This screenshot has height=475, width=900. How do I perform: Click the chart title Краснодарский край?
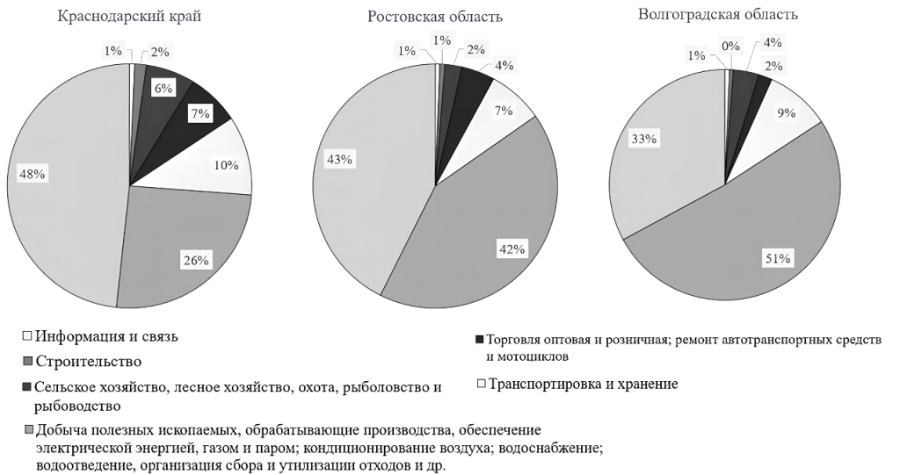(x=135, y=17)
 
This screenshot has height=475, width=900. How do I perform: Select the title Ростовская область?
(x=435, y=17)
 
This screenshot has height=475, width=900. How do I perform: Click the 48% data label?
(x=33, y=174)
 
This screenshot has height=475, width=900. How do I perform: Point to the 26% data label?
(x=195, y=260)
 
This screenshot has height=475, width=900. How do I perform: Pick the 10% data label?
(x=226, y=165)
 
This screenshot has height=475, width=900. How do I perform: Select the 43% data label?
(x=340, y=159)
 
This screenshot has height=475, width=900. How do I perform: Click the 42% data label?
(x=512, y=248)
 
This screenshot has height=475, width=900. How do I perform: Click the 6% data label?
(x=163, y=87)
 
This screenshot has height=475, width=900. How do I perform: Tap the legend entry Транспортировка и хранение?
(x=584, y=384)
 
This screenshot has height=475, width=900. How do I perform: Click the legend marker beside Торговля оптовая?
(x=479, y=339)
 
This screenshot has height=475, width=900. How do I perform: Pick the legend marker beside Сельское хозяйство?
(x=27, y=386)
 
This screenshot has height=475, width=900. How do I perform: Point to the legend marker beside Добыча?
(x=29, y=429)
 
